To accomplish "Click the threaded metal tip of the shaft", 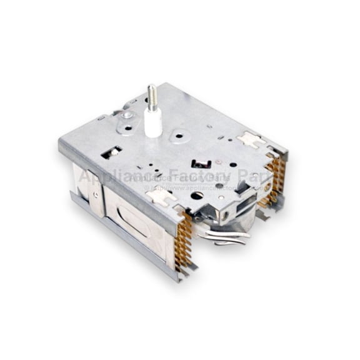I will pyautogui.click(x=151, y=94).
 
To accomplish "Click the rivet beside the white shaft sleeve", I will pyautogui.click(x=127, y=115).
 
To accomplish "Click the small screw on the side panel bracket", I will pyautogui.click(x=95, y=194).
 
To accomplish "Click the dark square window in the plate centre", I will pyautogui.click(x=200, y=164).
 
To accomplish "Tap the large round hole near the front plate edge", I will pyautogui.click(x=197, y=196).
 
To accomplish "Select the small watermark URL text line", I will pyautogui.click(x=200, y=187).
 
